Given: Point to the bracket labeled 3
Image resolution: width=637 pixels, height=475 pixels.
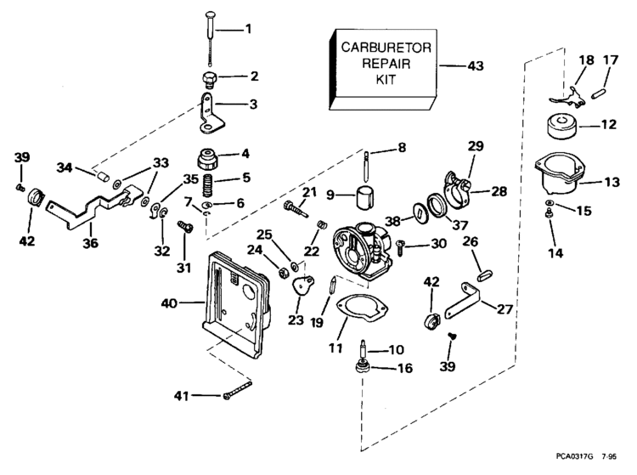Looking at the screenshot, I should click(207, 116).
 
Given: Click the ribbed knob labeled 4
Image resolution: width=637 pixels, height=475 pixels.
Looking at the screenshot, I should click(207, 158).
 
